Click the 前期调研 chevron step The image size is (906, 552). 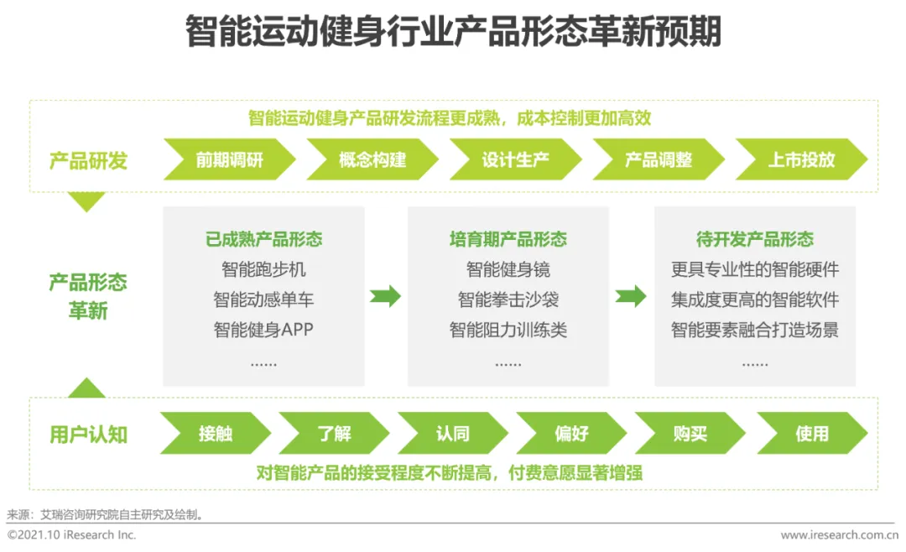pos(229,159)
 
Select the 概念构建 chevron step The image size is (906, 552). pos(372,159)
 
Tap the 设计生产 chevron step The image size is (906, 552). pos(515,159)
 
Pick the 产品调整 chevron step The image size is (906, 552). pos(659,159)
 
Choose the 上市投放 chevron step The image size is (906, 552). pos(801,159)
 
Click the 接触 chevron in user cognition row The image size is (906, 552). pos(216,434)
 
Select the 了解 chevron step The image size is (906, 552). pos(334,434)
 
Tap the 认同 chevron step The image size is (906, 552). pos(453,434)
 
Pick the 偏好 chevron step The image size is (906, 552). pos(571,434)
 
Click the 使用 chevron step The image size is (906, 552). pos(811,434)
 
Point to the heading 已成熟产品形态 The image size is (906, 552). pos(263,239)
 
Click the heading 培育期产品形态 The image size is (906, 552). pos(508,239)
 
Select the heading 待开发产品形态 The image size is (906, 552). pos(754,239)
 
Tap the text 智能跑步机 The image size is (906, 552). pos(263,269)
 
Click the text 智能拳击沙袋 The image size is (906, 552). pos(508,299)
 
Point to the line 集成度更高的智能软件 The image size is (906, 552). pos(754,299)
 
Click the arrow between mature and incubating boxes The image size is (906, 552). pos(386,296)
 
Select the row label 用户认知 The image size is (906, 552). pos(88,434)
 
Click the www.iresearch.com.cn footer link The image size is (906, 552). pos(840,534)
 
